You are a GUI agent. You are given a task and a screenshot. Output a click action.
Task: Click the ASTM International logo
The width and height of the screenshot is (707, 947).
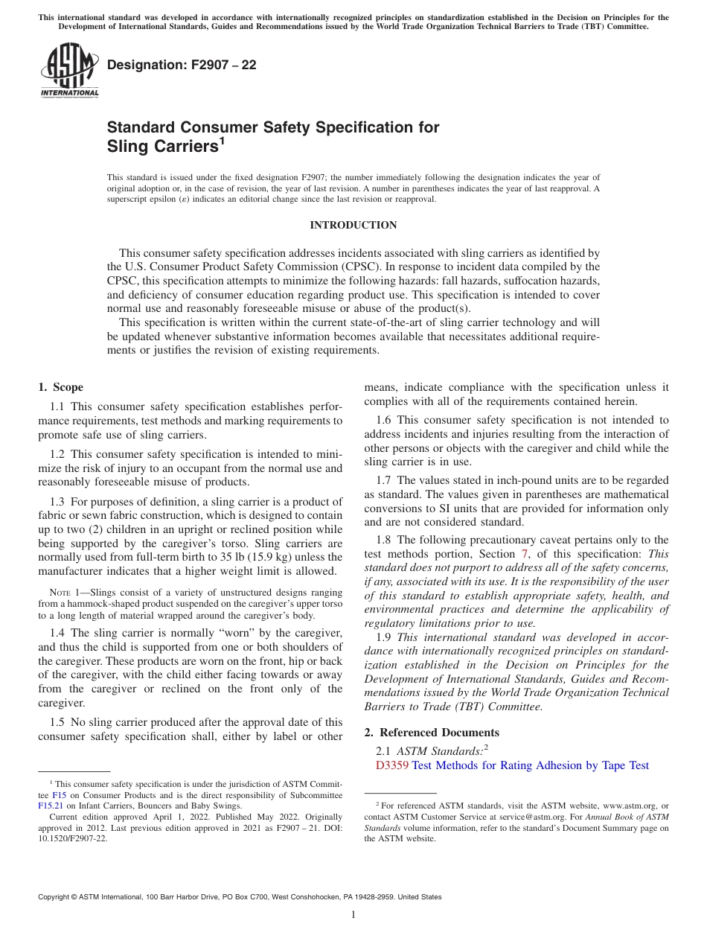(68, 70)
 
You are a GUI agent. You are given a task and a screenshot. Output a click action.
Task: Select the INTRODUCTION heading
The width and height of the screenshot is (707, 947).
(353, 225)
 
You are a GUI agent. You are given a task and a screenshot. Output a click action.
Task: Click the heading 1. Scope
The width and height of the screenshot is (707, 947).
(61, 387)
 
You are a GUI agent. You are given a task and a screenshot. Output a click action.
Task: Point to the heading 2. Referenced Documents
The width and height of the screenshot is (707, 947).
(432, 732)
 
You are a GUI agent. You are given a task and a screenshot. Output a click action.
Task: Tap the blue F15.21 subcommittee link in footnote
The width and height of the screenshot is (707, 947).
(48, 805)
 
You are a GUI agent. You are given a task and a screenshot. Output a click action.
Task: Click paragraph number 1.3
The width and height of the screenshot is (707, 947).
(57, 501)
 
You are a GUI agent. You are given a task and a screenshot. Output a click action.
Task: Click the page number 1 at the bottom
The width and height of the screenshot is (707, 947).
(353, 915)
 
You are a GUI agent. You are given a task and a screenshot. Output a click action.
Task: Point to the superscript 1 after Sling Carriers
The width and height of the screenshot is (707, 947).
(222, 140)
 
